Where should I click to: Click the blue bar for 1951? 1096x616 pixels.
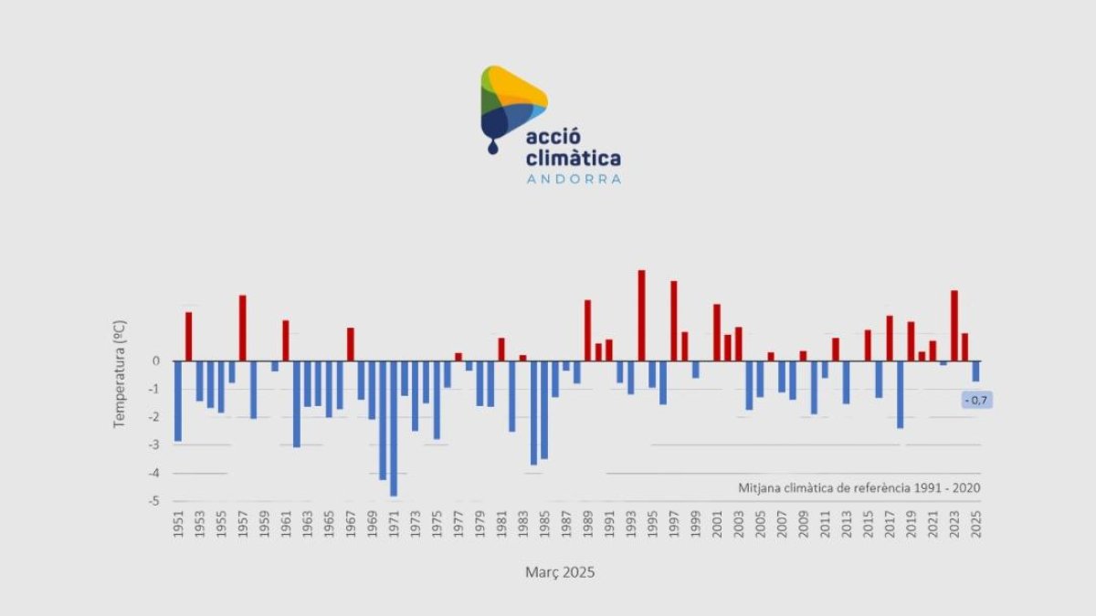(178, 401)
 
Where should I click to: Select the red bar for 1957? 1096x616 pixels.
(243, 328)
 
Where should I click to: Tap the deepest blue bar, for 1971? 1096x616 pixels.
(394, 428)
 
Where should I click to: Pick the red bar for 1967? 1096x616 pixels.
(351, 344)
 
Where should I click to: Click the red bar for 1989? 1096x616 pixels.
(588, 330)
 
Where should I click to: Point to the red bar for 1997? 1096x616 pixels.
(674, 320)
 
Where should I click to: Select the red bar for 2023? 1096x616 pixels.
(954, 326)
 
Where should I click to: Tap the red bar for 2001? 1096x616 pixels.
(717, 332)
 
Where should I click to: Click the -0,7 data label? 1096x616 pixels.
(975, 400)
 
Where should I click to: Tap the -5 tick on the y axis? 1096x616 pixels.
(154, 501)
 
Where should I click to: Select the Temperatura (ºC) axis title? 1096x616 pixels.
(119, 374)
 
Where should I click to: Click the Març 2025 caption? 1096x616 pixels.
(560, 573)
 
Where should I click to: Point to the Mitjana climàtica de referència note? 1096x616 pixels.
(859, 487)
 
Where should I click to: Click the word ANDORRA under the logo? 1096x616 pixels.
(574, 179)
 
